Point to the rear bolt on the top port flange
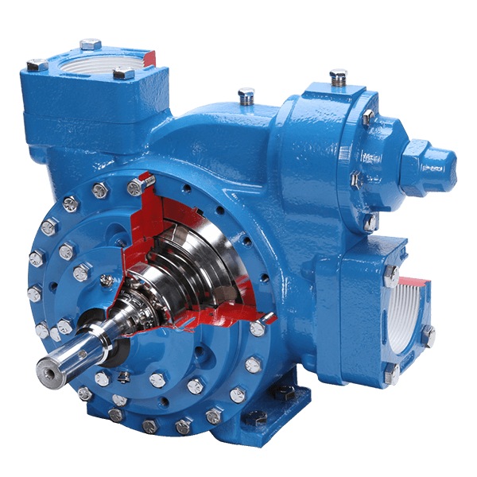90,44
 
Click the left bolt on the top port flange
35,64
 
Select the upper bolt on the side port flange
390,273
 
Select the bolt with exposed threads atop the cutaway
136,188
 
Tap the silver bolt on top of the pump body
246,95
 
